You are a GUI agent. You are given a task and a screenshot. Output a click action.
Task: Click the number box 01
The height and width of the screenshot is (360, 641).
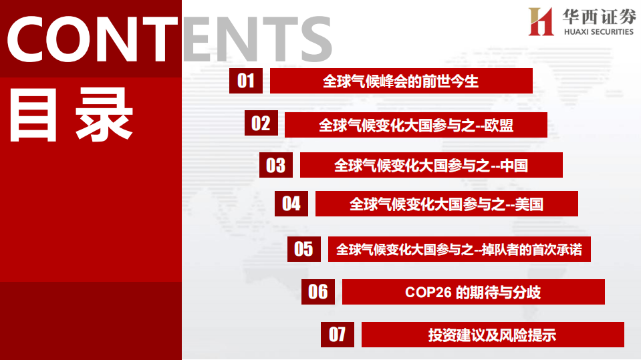click(x=246, y=81)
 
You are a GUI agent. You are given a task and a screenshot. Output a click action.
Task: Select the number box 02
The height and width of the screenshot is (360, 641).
click(x=261, y=123)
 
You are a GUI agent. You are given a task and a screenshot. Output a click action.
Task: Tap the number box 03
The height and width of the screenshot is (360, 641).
click(x=276, y=164)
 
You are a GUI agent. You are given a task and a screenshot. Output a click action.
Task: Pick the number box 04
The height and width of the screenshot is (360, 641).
click(x=291, y=203)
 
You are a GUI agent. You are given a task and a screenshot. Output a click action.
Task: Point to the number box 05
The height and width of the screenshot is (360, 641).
click(x=304, y=249)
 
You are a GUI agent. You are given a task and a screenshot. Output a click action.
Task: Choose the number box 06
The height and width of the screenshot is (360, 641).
click(x=319, y=291)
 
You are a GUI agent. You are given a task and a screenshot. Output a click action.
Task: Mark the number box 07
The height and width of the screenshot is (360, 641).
click(x=338, y=334)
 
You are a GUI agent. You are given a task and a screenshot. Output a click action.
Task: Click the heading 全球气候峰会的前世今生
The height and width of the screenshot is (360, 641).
click(x=401, y=81)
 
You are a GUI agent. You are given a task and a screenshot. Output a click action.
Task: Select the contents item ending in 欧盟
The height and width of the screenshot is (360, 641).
click(x=416, y=125)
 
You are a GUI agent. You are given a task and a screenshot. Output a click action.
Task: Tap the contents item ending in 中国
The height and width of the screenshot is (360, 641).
click(x=431, y=165)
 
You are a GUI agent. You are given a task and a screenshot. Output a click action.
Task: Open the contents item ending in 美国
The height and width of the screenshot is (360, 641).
click(x=446, y=204)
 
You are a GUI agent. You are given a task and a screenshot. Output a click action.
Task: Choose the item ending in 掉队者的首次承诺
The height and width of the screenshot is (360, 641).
click(x=459, y=250)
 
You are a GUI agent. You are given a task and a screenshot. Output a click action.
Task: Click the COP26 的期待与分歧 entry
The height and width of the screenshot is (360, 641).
click(x=473, y=292)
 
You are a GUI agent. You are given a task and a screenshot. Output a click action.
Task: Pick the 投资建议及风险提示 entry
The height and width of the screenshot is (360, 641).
click(x=493, y=335)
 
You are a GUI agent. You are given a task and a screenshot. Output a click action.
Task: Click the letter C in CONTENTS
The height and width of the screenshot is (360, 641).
click(x=30, y=39)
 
